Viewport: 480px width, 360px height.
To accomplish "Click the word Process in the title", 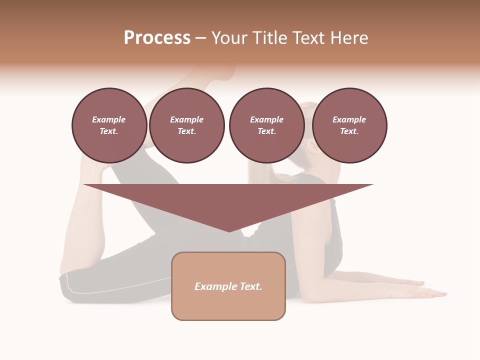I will click(x=157, y=38).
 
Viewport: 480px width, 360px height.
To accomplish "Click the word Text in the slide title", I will click(x=311, y=38).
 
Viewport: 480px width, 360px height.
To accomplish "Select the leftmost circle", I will click(x=109, y=125).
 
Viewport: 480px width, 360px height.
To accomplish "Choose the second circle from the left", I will click(x=187, y=125).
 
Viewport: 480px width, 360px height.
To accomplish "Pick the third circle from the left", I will click(x=266, y=125).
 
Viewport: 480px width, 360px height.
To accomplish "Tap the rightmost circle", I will click(x=349, y=125).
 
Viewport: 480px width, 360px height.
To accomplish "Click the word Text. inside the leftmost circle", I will click(x=109, y=131).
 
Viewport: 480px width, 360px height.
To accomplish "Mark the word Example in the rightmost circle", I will click(x=349, y=119).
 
